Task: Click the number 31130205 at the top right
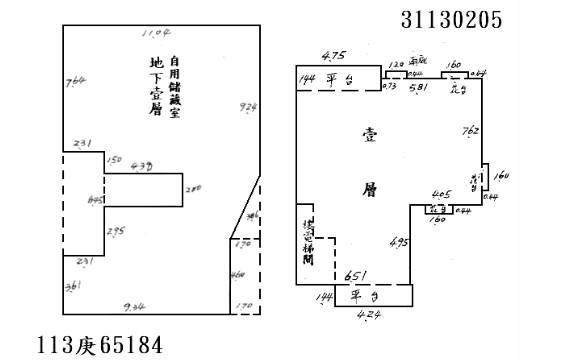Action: [x=451, y=19]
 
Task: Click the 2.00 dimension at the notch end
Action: [x=194, y=188]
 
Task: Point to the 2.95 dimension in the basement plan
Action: [x=116, y=231]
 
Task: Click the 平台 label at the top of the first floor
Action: [x=337, y=80]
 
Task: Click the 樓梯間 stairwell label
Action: [x=309, y=240]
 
